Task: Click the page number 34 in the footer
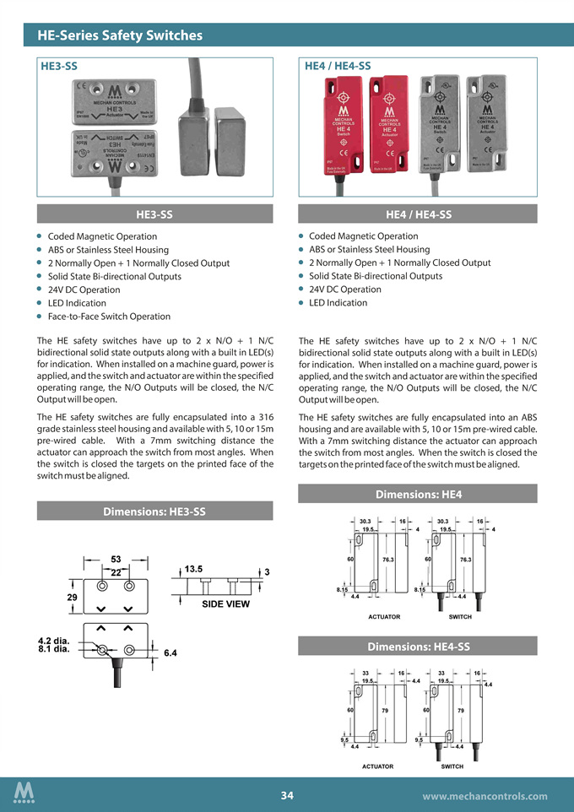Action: pyautogui.click(x=287, y=795)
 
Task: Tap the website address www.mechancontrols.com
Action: pyautogui.click(x=484, y=795)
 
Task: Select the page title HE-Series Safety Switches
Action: pyautogui.click(x=120, y=35)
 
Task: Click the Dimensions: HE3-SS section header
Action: pyautogui.click(x=154, y=511)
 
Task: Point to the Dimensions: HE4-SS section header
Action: pyautogui.click(x=418, y=646)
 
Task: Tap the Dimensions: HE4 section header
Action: pyautogui.click(x=418, y=494)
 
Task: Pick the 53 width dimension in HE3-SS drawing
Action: pyautogui.click(x=116, y=560)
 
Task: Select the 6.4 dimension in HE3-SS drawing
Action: pyautogui.click(x=171, y=652)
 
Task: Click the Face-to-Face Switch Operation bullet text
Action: pyautogui.click(x=109, y=317)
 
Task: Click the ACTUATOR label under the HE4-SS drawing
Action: pyautogui.click(x=377, y=766)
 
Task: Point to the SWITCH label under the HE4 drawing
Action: pyautogui.click(x=460, y=617)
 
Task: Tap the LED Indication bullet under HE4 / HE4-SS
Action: pyautogui.click(x=338, y=303)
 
